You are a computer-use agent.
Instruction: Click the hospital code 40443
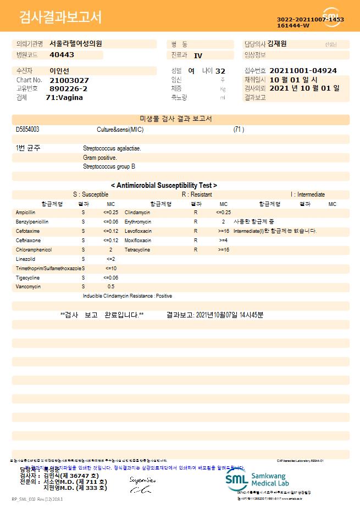pyautogui.click(x=62, y=55)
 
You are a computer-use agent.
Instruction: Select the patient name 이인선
pyautogui.click(x=60, y=71)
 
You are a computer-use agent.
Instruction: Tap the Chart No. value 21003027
pyautogui.click(x=69, y=80)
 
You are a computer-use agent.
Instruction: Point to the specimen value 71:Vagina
pyautogui.click(x=64, y=97)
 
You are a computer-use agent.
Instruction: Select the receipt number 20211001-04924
pyautogui.click(x=303, y=71)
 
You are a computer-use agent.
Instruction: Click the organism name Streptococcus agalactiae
pyautogui.click(x=112, y=148)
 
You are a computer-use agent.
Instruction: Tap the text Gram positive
pyautogui.click(x=99, y=158)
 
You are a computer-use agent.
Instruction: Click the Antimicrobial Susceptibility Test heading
pyautogui.click(x=164, y=186)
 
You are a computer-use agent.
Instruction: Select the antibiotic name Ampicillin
pyautogui.click(x=26, y=212)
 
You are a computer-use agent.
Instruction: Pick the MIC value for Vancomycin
pyautogui.click(x=111, y=287)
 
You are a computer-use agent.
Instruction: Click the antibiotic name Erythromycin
pyautogui.click(x=138, y=221)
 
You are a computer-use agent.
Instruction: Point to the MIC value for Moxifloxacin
pyautogui.click(x=223, y=240)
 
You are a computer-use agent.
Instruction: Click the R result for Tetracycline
pyautogui.click(x=196, y=249)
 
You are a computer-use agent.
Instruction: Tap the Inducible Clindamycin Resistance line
pyautogui.click(x=128, y=296)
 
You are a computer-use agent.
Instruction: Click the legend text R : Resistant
pyautogui.click(x=197, y=194)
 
